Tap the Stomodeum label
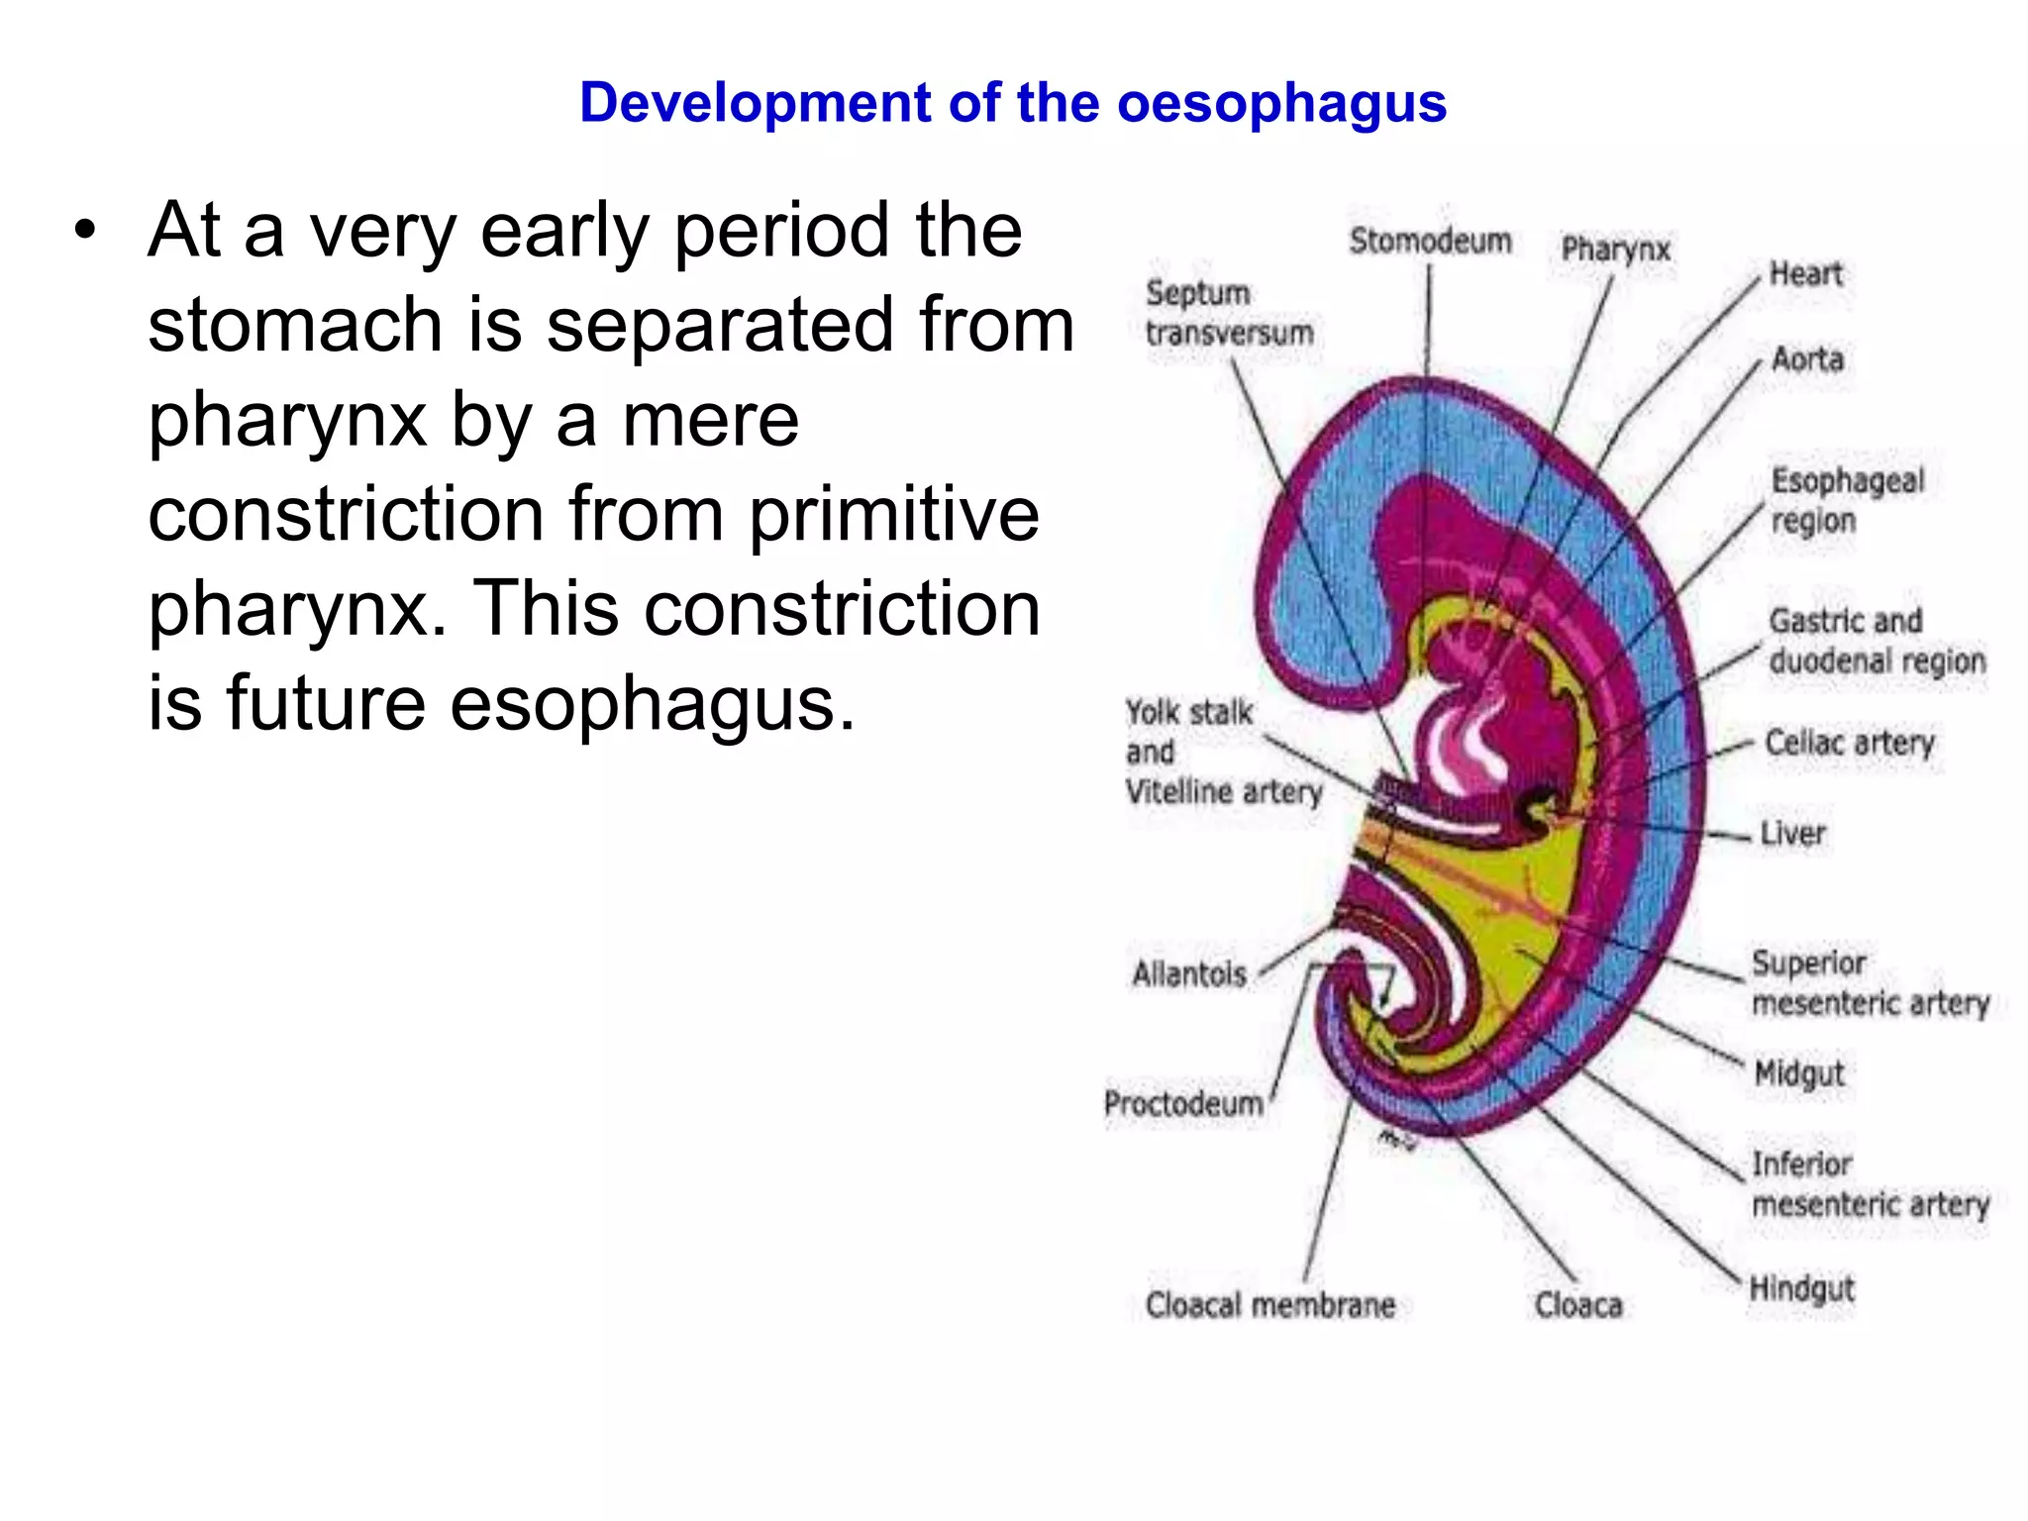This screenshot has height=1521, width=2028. tap(1430, 241)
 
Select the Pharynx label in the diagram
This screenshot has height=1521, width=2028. tap(1615, 249)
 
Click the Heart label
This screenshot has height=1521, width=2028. tap(1805, 273)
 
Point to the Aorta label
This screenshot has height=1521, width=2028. tap(1807, 358)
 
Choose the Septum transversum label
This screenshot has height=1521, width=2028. tap(1229, 313)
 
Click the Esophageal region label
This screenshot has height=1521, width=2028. tap(1847, 500)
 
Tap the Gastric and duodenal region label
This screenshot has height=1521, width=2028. tap(1876, 641)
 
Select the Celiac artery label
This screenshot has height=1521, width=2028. tap(1849, 742)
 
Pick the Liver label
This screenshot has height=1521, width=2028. tap(1792, 833)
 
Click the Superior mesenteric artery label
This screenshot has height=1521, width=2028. tap(1870, 982)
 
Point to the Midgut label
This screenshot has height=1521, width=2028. tap(1798, 1072)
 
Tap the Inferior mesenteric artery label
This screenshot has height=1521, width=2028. tap(1870, 1183)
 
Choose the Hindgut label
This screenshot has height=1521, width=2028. tap(1801, 1288)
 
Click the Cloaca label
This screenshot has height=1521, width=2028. tap(1578, 1305)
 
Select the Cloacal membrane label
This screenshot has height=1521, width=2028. tap(1270, 1305)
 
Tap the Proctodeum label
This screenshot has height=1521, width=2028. tap(1183, 1103)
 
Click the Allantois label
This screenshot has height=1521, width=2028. tap(1189, 974)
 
